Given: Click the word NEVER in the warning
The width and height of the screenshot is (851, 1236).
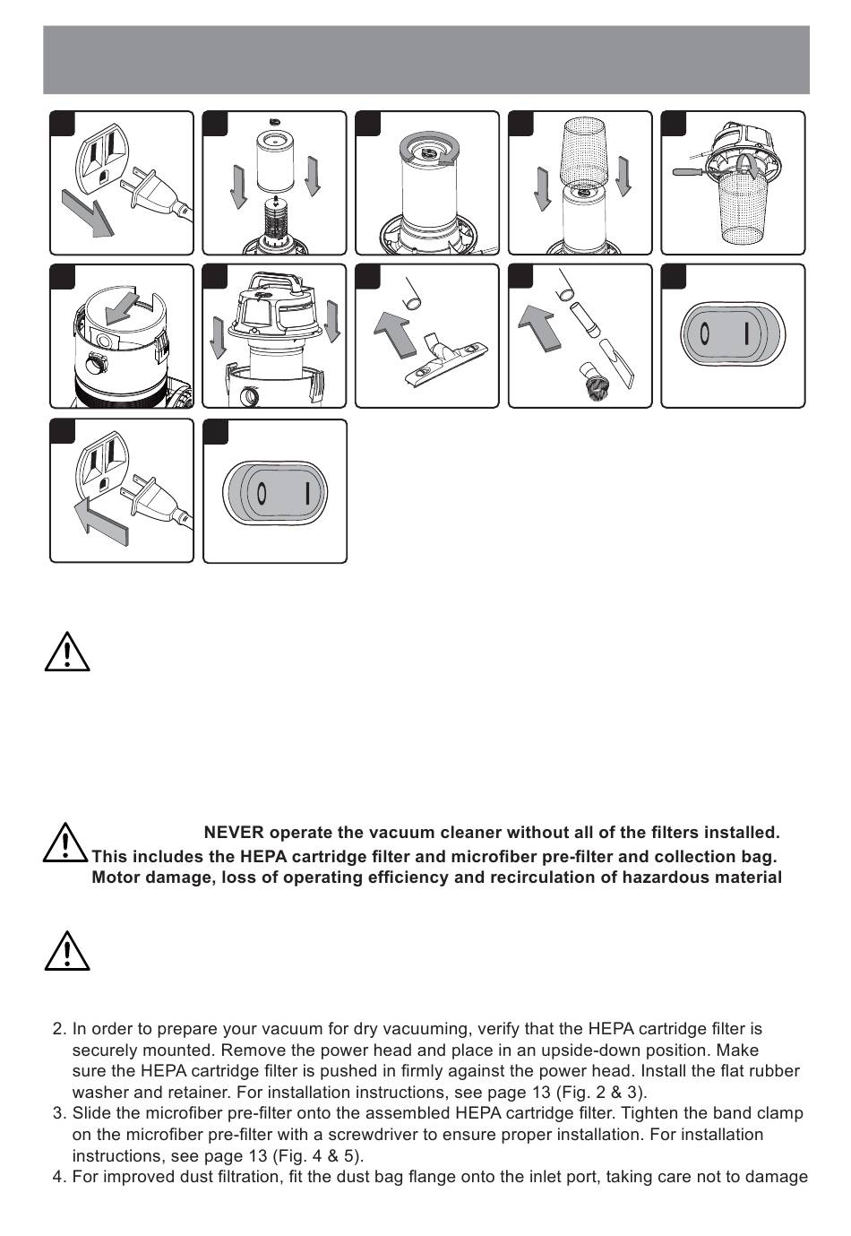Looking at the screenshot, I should click(x=234, y=834).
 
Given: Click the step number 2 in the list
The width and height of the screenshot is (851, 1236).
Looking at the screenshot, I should click(x=60, y=1029).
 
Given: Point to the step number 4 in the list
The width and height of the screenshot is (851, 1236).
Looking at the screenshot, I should click(x=60, y=1176).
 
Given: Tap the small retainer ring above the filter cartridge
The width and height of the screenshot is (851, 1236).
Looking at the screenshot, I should click(x=275, y=121).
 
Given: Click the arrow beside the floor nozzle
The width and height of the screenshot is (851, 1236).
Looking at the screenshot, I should click(x=394, y=333).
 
